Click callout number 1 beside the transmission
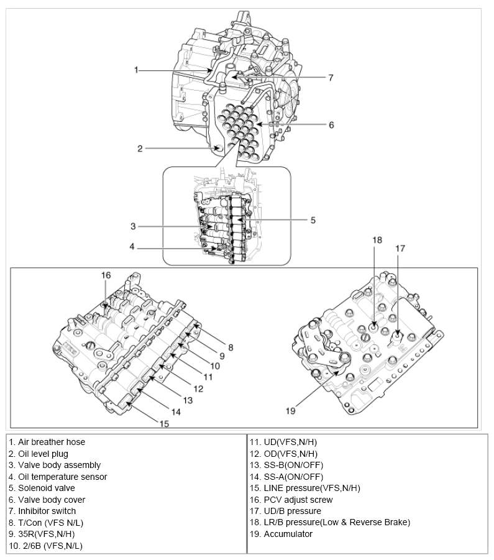coord(136,70)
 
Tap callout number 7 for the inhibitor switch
coord(331,78)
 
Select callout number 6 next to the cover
coord(331,125)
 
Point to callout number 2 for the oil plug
coord(140,148)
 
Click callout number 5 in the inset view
coord(313,219)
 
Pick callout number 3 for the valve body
coord(133,226)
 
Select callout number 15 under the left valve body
coord(163,424)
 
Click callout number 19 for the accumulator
coord(289,410)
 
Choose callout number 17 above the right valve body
coord(400,248)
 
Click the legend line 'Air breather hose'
coord(47,442)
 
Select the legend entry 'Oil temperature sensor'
coord(58,477)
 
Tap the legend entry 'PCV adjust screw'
coord(291,500)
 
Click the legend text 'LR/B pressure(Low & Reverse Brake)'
coord(330,522)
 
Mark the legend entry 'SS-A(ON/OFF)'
coord(286,477)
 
